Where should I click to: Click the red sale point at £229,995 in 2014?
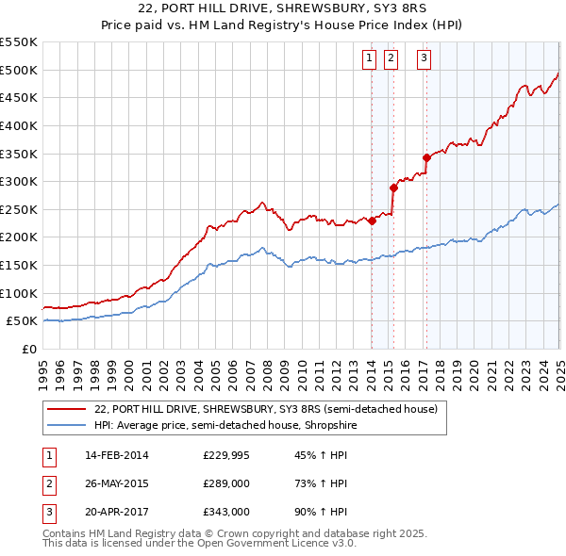point(372,221)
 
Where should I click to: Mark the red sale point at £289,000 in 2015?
point(393,188)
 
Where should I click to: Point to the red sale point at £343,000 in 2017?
point(426,157)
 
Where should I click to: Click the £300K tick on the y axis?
point(20,181)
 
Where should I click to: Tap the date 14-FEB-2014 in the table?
point(117,456)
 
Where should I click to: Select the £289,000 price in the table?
point(226,484)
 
